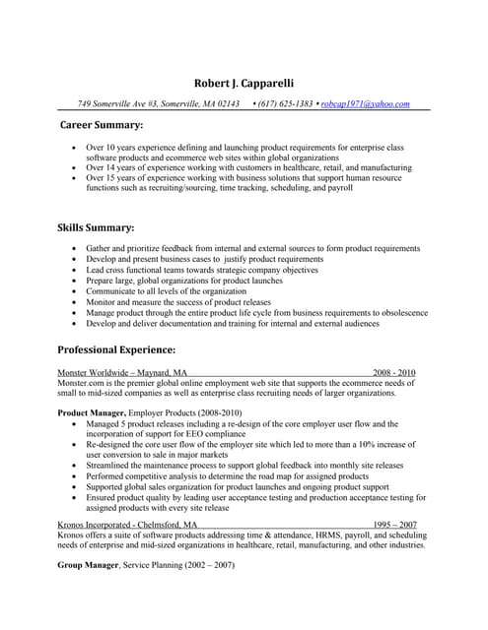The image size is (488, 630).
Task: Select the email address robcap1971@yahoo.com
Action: point(365,103)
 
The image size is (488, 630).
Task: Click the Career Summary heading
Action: point(102,126)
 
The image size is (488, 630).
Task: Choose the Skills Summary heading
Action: point(96,228)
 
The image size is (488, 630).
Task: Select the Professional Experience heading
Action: point(116,349)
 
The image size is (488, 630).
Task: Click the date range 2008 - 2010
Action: point(393,373)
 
